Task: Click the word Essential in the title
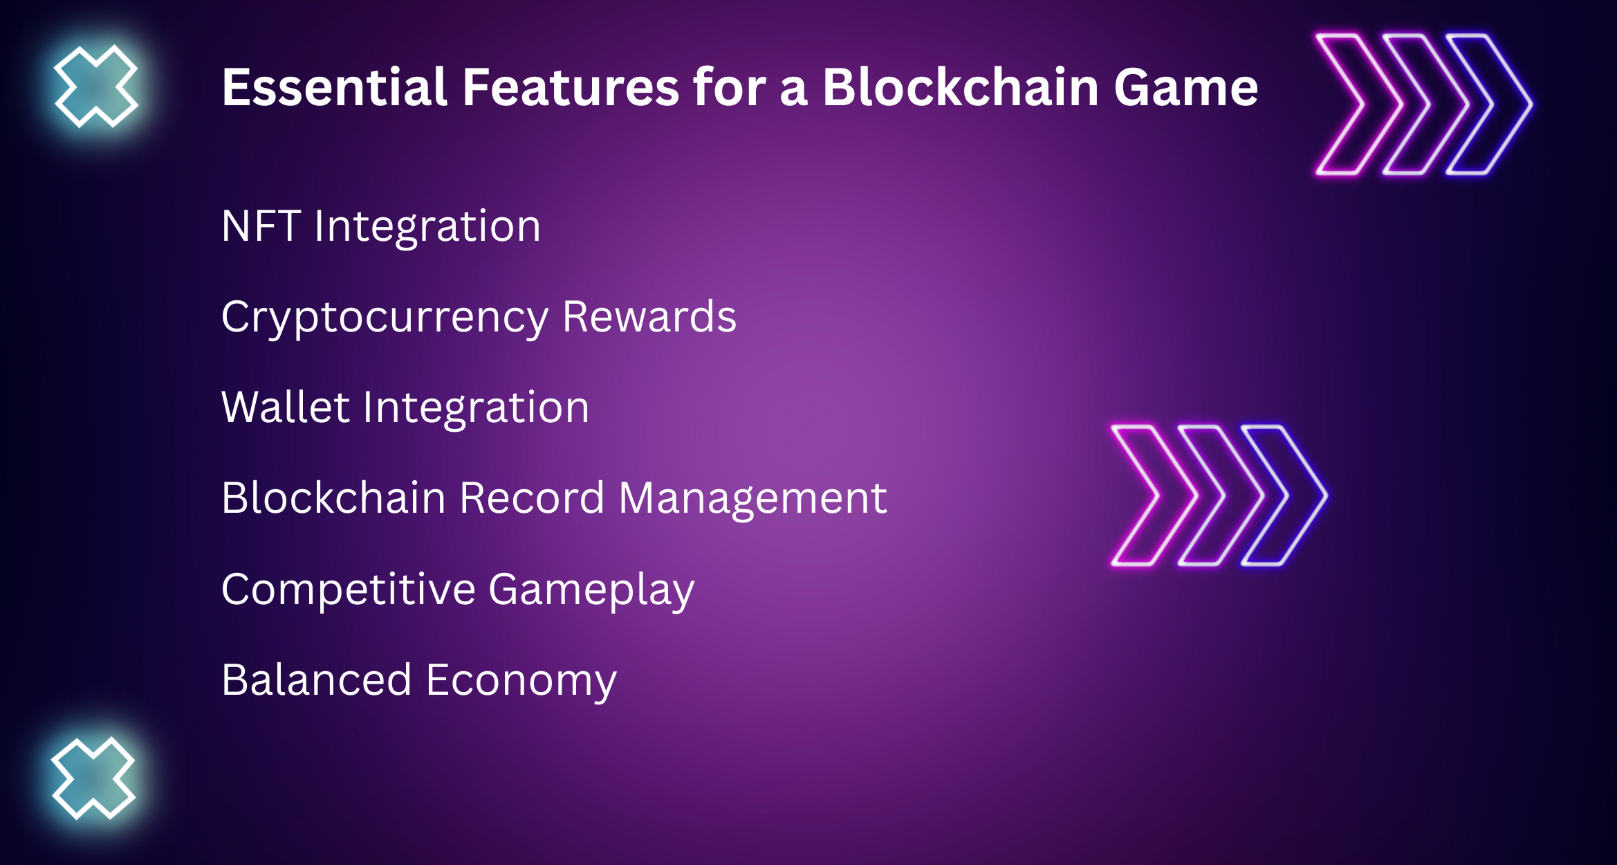(x=335, y=87)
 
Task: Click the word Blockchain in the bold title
(x=961, y=87)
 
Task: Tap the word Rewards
(x=649, y=317)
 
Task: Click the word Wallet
(x=285, y=406)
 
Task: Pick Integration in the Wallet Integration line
(x=476, y=410)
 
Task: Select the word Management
(x=752, y=500)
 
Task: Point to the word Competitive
(x=348, y=590)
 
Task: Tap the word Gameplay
(x=591, y=592)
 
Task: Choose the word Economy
(x=521, y=682)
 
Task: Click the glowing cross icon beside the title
(x=96, y=86)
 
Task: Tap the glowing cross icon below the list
(x=93, y=778)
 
